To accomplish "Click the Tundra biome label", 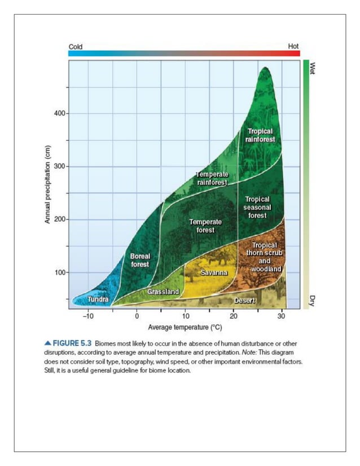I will [98, 299].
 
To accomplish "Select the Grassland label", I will [163, 292].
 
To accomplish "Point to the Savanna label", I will [214, 273].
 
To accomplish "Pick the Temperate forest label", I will [205, 226].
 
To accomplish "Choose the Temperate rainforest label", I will [212, 178].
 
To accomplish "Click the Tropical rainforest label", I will [261, 135].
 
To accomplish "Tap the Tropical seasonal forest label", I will [258, 207].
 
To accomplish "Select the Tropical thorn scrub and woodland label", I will [264, 257].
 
